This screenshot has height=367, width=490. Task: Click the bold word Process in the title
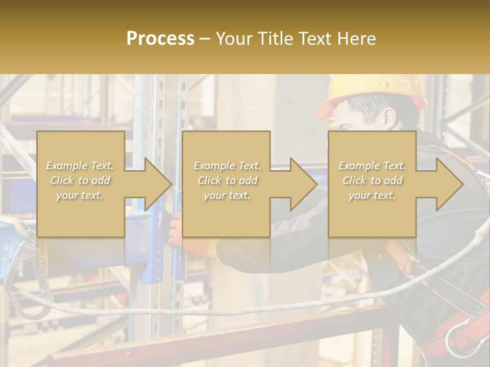[x=160, y=38]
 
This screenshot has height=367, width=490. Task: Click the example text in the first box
[x=80, y=180]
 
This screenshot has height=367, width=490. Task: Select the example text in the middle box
[x=227, y=180]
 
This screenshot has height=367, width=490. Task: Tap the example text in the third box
[x=372, y=180]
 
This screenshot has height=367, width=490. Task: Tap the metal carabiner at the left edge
[x=23, y=275]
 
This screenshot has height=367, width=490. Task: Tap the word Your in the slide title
[x=232, y=38]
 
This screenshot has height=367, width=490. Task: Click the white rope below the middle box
[x=230, y=310]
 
